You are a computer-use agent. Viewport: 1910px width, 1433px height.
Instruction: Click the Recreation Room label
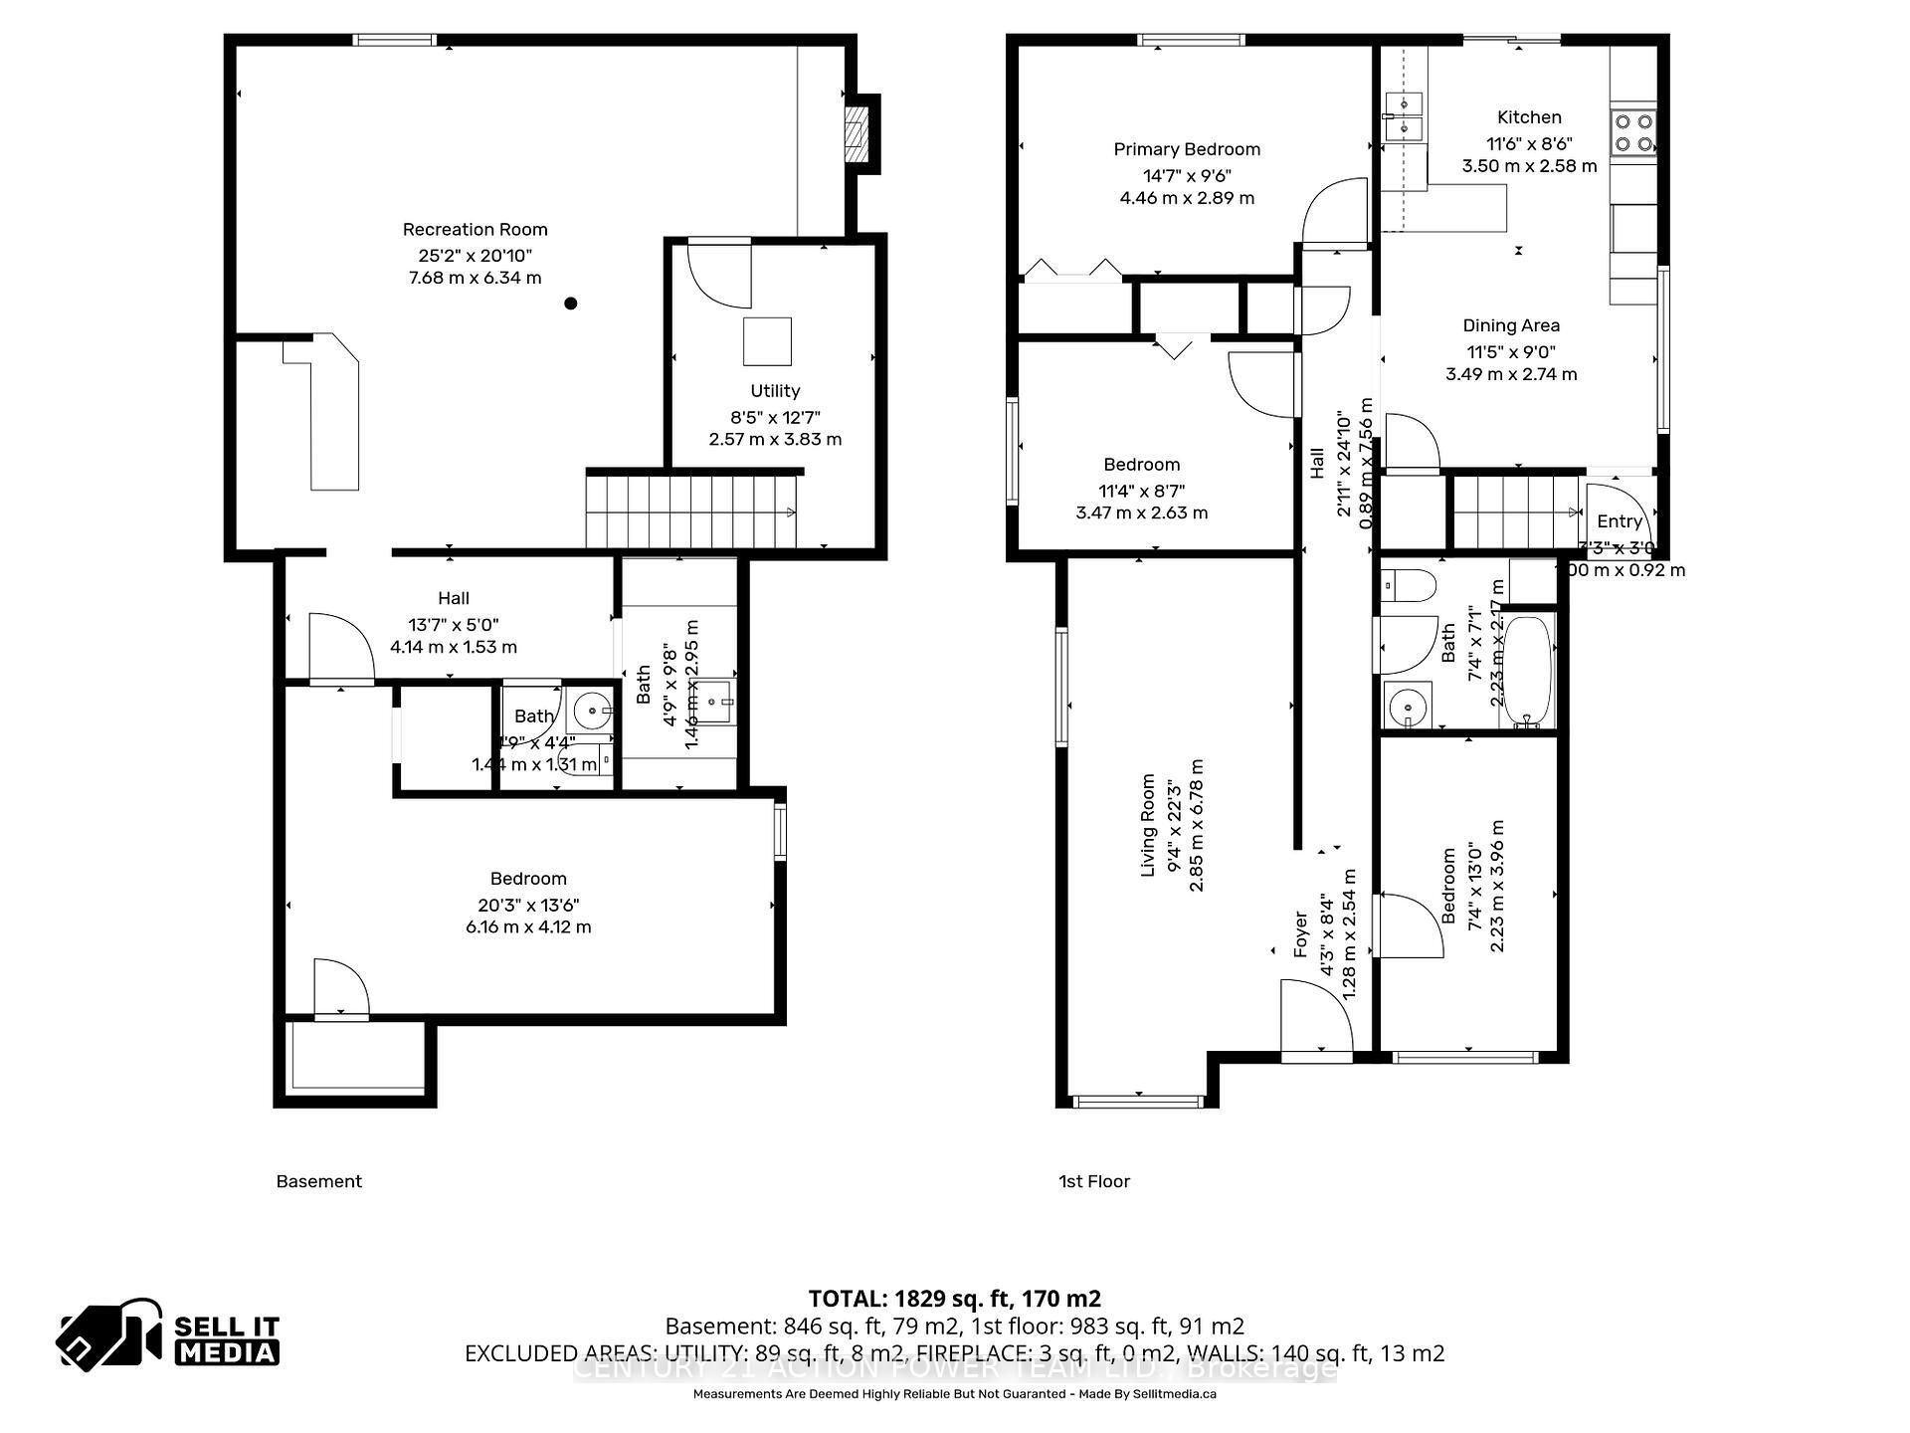click(x=475, y=230)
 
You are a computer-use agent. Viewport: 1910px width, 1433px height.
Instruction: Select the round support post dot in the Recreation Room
click(x=571, y=304)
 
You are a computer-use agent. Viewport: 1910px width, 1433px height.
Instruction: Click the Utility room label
click(x=775, y=391)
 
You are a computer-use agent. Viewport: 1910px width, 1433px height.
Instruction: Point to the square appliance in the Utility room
click(x=767, y=341)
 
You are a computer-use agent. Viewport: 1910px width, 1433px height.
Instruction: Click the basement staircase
click(x=691, y=512)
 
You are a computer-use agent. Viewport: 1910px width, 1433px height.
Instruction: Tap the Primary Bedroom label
click(x=1187, y=150)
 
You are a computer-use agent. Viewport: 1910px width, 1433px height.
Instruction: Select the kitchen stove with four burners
click(x=1632, y=133)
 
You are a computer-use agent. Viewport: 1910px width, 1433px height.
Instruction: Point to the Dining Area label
click(x=1511, y=325)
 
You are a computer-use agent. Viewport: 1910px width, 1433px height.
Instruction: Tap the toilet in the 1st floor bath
click(x=1411, y=585)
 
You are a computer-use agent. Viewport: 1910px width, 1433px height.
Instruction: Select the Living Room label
click(x=1148, y=825)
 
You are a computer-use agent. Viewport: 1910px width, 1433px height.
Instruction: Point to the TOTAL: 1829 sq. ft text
click(x=954, y=1299)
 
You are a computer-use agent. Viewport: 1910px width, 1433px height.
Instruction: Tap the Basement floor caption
click(x=318, y=1181)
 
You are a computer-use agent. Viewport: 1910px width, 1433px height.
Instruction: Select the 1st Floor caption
click(x=1094, y=1181)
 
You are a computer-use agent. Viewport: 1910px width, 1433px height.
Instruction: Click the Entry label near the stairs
click(x=1619, y=521)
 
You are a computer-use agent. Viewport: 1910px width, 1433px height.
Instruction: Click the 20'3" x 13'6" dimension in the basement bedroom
click(x=528, y=905)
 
